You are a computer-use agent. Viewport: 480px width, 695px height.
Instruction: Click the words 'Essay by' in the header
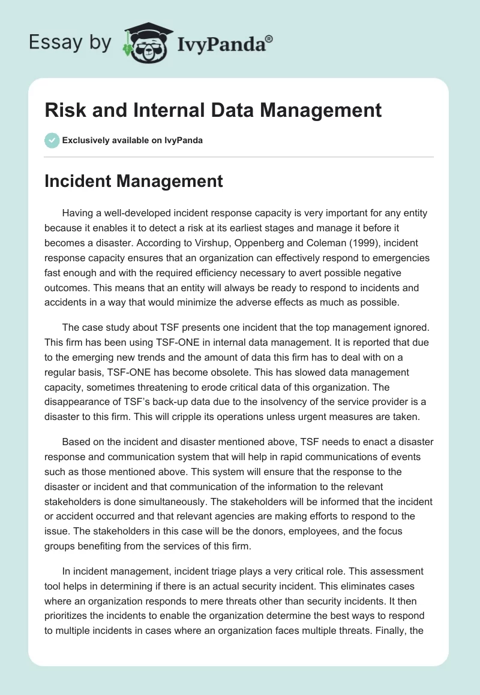point(70,43)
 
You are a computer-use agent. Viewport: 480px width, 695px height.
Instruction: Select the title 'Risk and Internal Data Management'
point(213,110)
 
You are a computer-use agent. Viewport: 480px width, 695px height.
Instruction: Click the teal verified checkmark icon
point(52,140)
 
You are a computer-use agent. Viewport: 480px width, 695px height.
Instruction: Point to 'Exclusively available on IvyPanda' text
point(133,140)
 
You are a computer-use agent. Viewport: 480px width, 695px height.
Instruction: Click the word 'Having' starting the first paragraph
point(78,214)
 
